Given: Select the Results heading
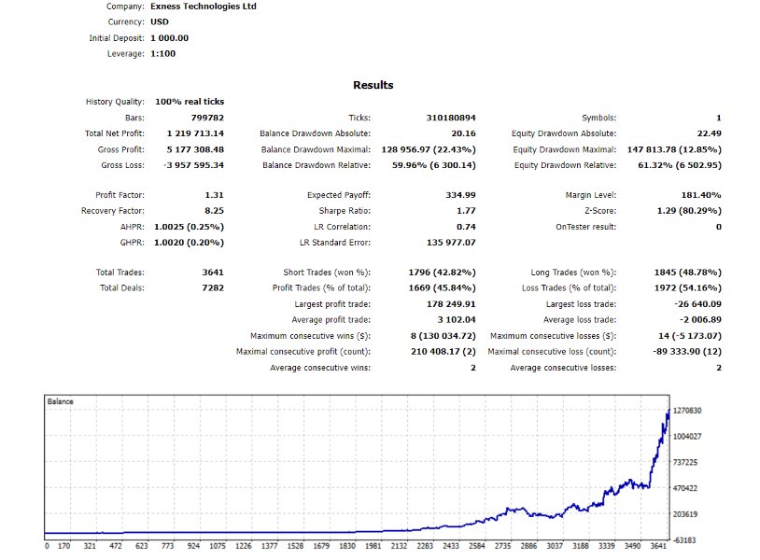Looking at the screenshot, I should (x=373, y=85).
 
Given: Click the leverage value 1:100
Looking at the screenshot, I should (x=162, y=54).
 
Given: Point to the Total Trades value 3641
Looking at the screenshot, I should (x=209, y=273).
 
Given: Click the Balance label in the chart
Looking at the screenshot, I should (x=61, y=401).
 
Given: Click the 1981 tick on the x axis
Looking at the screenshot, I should (x=373, y=547).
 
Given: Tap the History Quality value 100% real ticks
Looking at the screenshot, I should (x=190, y=102).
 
